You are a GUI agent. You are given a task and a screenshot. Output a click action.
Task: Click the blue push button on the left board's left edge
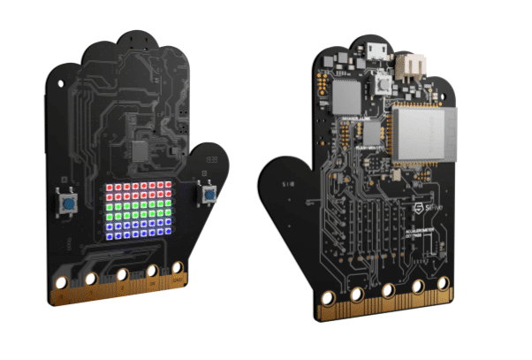click(x=67, y=204)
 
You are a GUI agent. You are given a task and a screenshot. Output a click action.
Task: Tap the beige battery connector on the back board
click(x=409, y=66)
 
